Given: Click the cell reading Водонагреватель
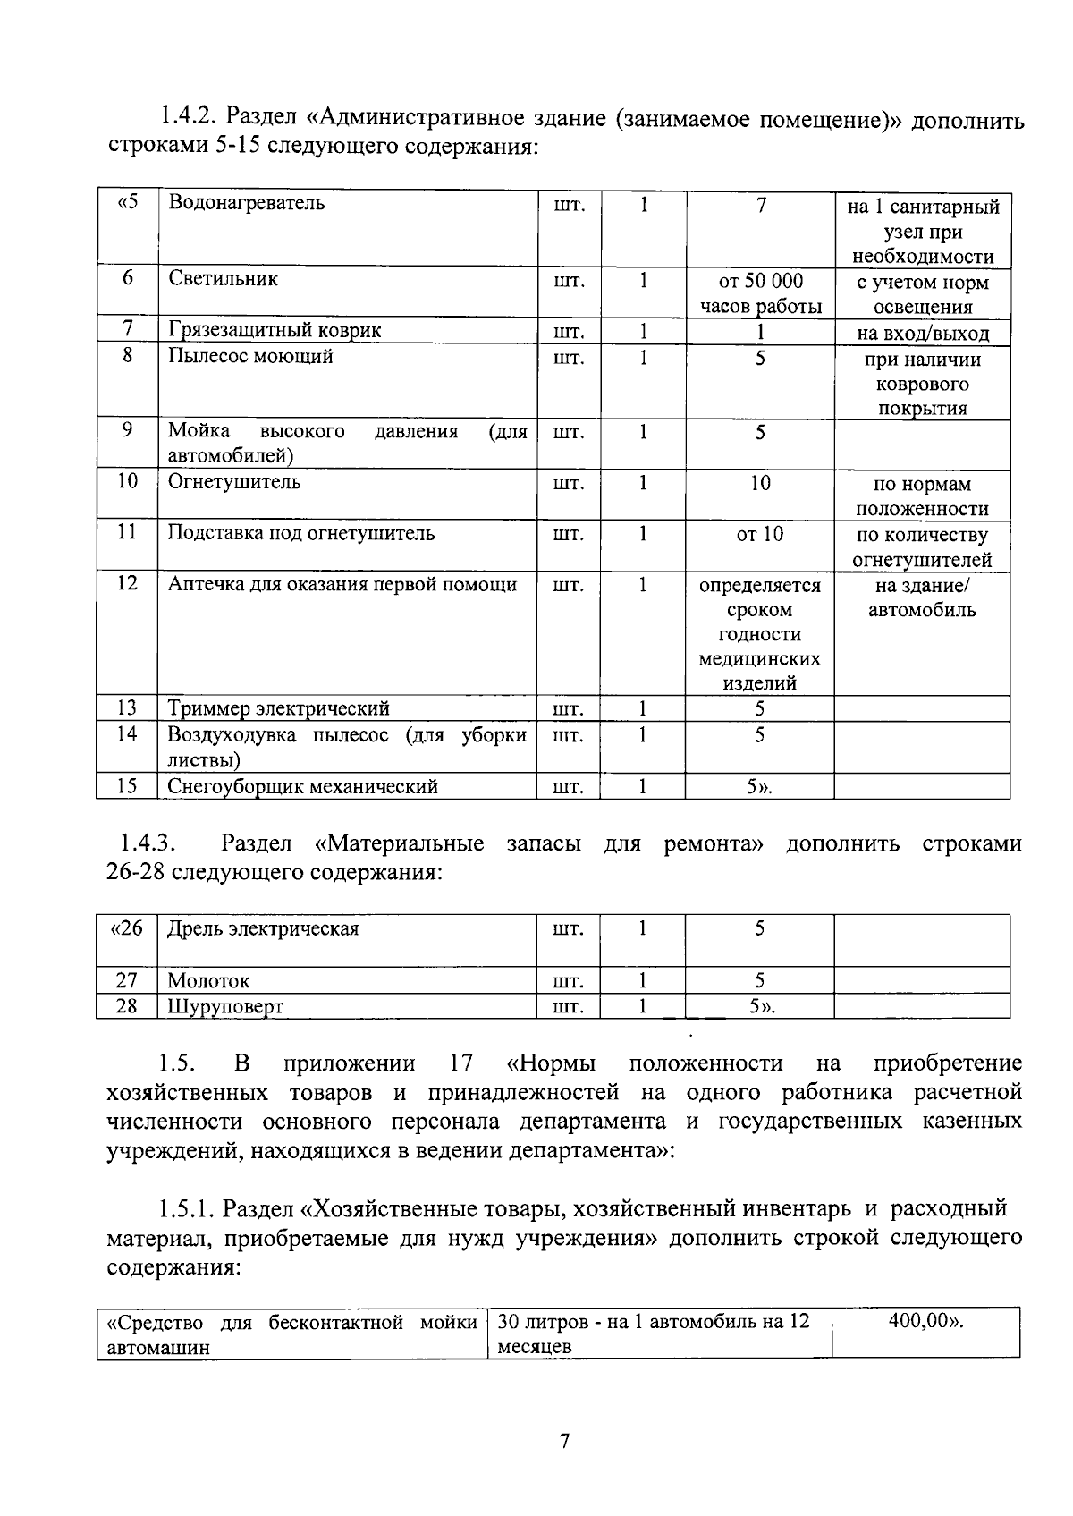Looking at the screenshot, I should (x=247, y=203).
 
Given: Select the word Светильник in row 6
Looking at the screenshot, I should (x=224, y=279).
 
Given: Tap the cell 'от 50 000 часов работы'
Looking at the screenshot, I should (x=760, y=294).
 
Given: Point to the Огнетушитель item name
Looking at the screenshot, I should (x=234, y=483).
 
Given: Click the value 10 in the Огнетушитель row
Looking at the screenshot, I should (x=760, y=484).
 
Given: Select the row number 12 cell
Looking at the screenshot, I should (x=127, y=583).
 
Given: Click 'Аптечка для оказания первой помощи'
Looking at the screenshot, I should (x=342, y=585).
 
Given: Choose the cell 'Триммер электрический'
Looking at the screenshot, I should (x=279, y=709).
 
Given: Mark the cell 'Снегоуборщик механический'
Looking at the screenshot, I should (x=303, y=787).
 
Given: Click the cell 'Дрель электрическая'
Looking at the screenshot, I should (x=264, y=929).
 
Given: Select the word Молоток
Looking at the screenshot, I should (x=209, y=981).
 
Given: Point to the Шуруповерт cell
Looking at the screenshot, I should (x=225, y=1007).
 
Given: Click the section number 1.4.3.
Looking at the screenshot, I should (x=148, y=843).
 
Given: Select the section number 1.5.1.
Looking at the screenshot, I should (x=185, y=1209).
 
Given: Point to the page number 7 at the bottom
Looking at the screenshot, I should (x=563, y=1442).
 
